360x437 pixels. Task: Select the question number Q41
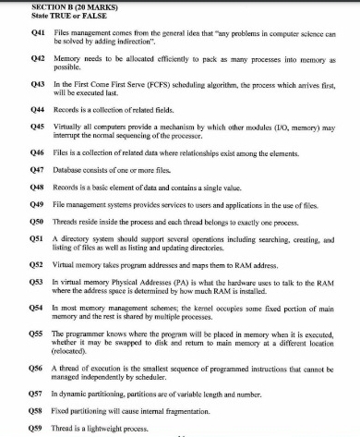[39, 32]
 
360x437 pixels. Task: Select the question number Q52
[39, 262]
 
